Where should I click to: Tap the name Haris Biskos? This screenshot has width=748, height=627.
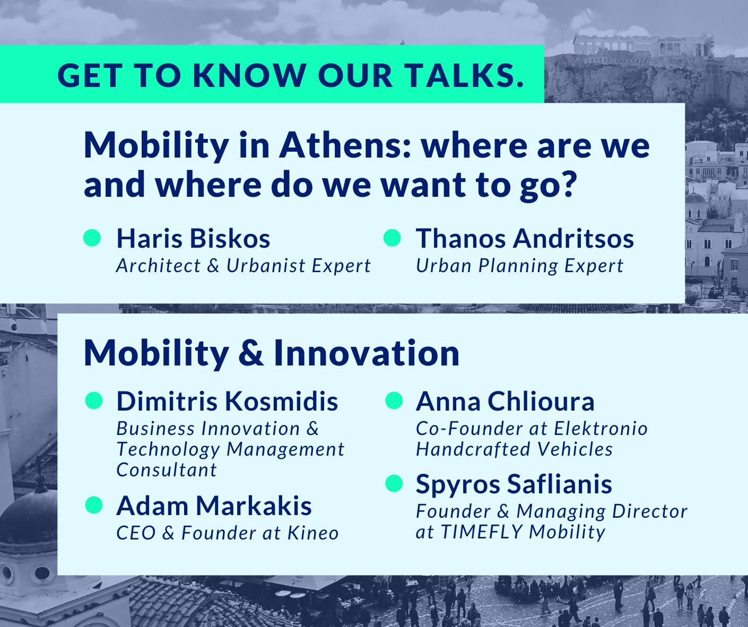194,238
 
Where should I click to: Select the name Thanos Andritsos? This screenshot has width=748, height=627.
525,238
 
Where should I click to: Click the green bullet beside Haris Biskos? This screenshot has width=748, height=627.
92,238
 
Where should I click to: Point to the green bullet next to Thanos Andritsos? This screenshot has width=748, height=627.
392,238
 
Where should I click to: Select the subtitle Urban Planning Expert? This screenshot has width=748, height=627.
519,266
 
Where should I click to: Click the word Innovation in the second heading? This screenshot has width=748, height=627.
367,353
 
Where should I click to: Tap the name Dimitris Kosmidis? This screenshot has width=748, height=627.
228,401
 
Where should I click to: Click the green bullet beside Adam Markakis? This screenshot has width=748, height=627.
94,505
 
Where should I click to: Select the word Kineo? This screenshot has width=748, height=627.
313,533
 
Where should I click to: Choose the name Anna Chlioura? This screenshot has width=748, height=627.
505,401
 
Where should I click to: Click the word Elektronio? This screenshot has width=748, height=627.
601,429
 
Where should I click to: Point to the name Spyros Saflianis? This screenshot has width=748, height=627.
514,484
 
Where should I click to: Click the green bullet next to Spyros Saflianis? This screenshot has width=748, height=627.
394,483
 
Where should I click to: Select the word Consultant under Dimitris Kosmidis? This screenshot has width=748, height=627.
167,469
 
